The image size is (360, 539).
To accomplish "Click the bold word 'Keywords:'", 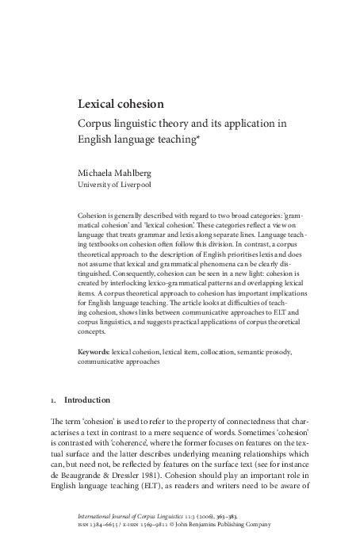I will [x=94, y=351].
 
